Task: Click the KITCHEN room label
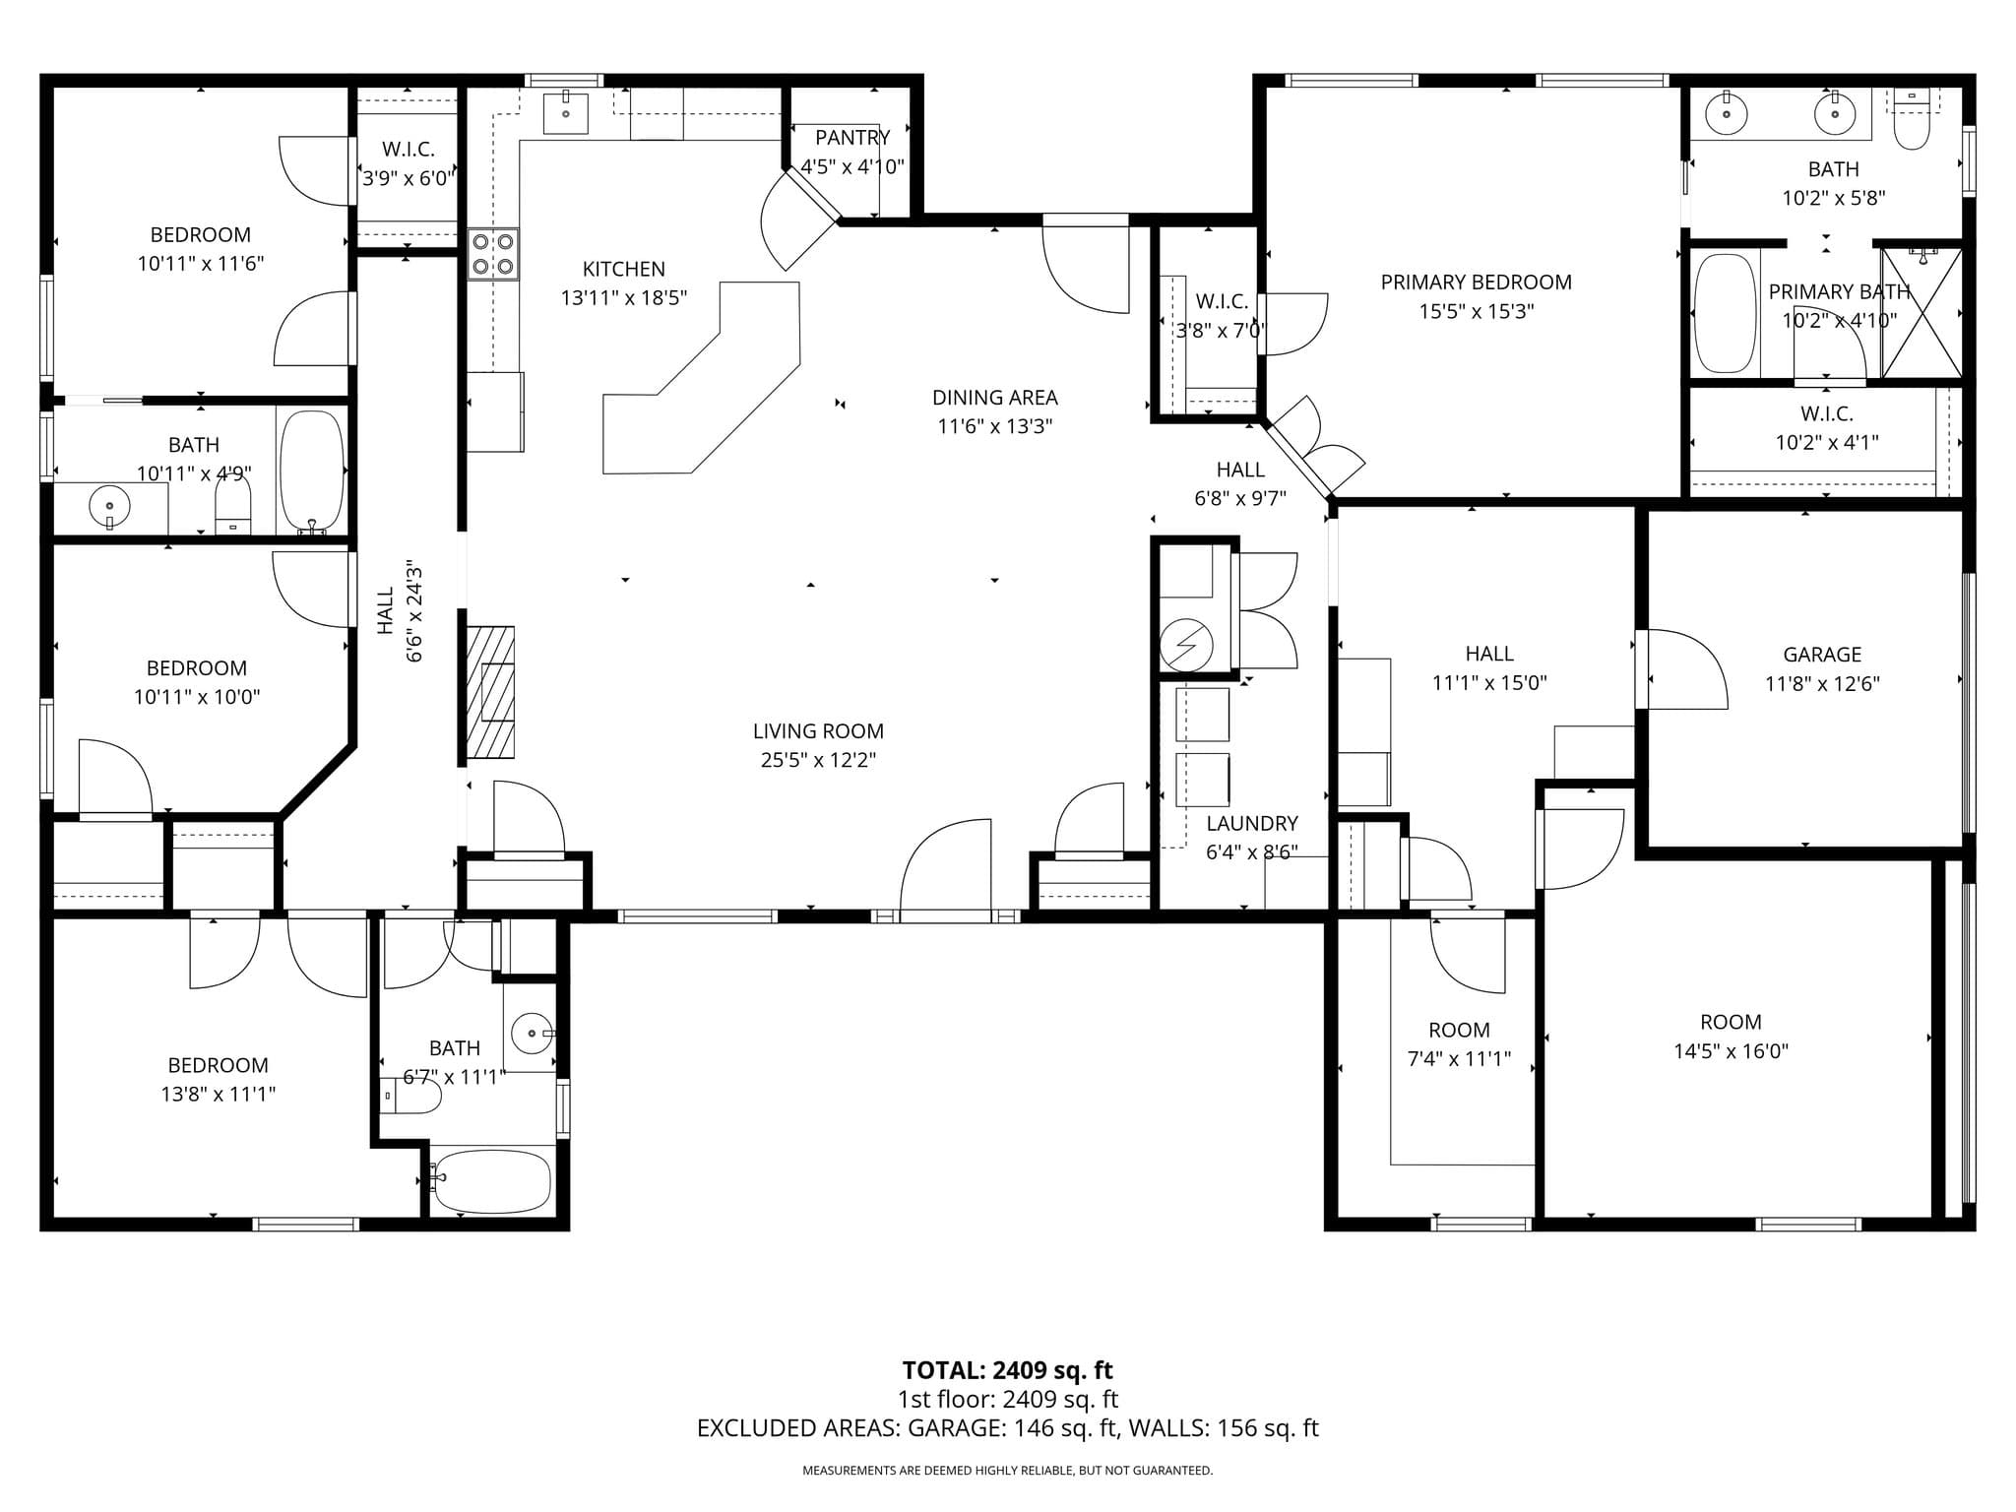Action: (x=623, y=269)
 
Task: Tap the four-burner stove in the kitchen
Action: (x=492, y=254)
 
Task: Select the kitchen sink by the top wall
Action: (x=566, y=113)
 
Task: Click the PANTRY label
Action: (x=852, y=138)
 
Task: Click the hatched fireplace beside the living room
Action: (x=490, y=692)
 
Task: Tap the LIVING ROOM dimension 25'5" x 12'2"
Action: (x=818, y=760)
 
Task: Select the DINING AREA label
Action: (x=994, y=398)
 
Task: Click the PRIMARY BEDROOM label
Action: (x=1476, y=283)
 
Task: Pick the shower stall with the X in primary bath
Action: (x=1921, y=313)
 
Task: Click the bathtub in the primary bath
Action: (x=1725, y=313)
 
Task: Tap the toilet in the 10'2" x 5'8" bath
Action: (x=1912, y=122)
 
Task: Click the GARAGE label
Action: (x=1822, y=655)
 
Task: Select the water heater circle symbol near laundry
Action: (x=1185, y=646)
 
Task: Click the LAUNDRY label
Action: (x=1251, y=823)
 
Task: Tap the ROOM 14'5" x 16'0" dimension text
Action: (x=1731, y=1051)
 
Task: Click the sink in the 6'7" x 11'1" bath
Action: (x=533, y=1034)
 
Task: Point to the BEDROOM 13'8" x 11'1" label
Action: (x=218, y=1065)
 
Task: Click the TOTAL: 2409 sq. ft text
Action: (x=1007, y=1370)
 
